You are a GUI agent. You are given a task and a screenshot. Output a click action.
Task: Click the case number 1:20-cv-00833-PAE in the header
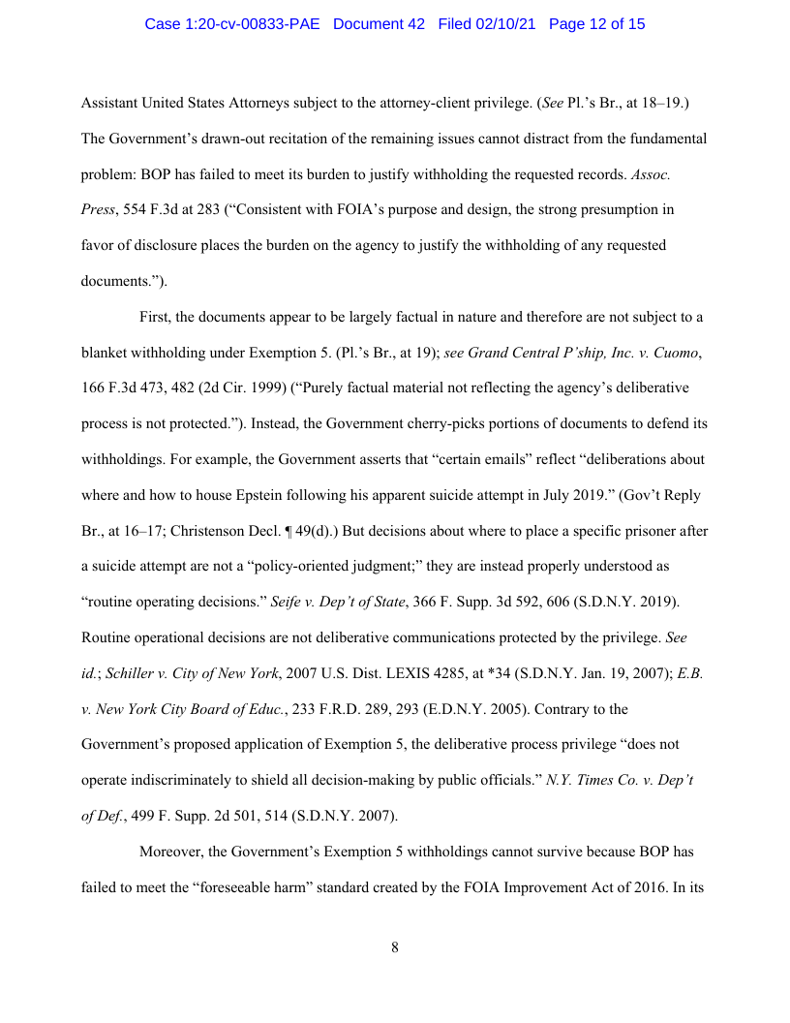tap(233, 24)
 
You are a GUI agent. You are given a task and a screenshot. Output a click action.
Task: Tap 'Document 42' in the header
tap(379, 24)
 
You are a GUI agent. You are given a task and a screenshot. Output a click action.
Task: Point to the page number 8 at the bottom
tap(395, 947)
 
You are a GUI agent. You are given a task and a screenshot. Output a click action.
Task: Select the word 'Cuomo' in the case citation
tap(676, 353)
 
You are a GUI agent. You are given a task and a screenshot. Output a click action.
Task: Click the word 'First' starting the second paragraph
tap(156, 317)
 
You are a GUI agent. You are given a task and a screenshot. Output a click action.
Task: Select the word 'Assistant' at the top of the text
tap(110, 103)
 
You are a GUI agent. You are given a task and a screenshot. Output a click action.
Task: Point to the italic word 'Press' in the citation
tap(98, 210)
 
